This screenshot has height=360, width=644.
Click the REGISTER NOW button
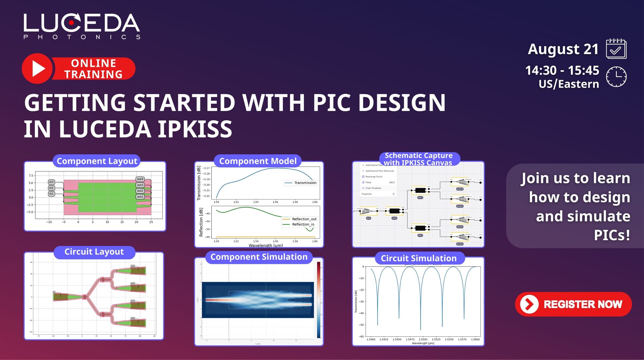573,304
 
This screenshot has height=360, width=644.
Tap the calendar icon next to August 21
616,49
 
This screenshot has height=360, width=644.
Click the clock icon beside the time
616,77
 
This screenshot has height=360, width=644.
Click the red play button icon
38,68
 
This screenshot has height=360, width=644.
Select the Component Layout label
97,161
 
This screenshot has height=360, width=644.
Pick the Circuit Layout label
94,252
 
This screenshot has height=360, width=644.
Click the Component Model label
258,161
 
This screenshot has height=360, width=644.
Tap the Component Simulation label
259,257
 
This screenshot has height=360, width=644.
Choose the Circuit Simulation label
419,258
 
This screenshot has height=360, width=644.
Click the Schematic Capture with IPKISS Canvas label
418,159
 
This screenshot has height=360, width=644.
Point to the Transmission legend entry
305,183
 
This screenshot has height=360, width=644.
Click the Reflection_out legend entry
304,219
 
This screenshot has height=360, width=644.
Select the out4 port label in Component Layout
140,179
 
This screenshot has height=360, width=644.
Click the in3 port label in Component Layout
51,182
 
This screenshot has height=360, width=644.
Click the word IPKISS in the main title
195,129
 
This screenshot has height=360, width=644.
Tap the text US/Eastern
569,84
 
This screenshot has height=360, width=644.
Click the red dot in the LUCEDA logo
71,23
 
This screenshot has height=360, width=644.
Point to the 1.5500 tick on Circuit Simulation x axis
423,339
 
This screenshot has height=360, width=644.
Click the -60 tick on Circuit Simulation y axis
361,337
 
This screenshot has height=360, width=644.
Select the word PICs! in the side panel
612,235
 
